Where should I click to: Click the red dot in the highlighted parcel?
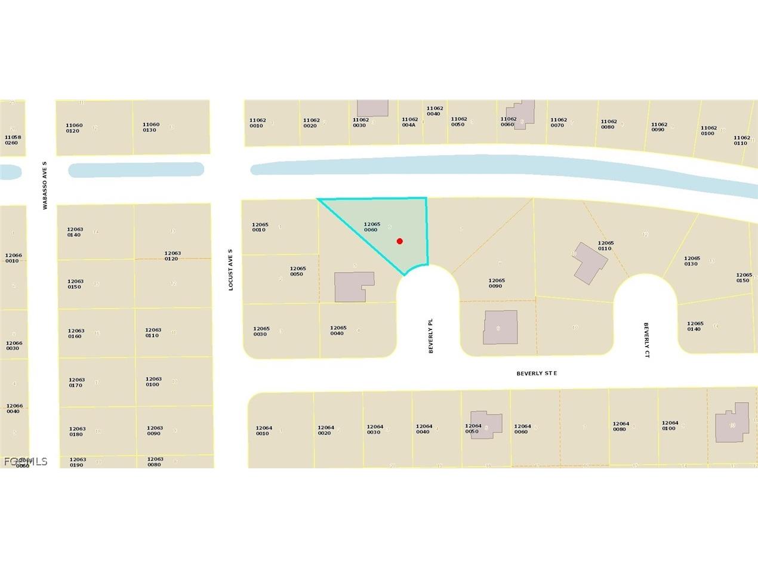click(x=399, y=241)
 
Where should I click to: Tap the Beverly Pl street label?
click(x=430, y=335)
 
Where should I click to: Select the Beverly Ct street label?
click(x=646, y=339)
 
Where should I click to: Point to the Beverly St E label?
click(x=537, y=373)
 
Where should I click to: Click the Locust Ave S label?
click(x=231, y=270)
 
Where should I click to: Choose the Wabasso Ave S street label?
click(x=44, y=185)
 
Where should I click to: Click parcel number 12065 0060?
click(x=372, y=227)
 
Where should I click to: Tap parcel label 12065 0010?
click(x=260, y=227)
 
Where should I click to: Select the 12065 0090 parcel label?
click(x=497, y=283)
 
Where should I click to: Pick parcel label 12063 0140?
click(x=75, y=231)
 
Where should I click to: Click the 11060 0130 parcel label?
click(x=151, y=127)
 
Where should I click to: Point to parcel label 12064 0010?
click(x=264, y=430)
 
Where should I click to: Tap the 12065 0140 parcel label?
click(x=695, y=326)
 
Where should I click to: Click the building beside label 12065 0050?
click(x=353, y=286)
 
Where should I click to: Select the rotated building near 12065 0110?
click(x=590, y=263)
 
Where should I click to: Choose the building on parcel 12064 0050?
click(x=486, y=424)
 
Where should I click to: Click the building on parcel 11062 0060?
click(x=521, y=113)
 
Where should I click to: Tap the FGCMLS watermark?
click(x=25, y=461)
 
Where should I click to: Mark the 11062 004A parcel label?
click(x=410, y=122)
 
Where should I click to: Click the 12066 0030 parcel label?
click(x=14, y=345)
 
